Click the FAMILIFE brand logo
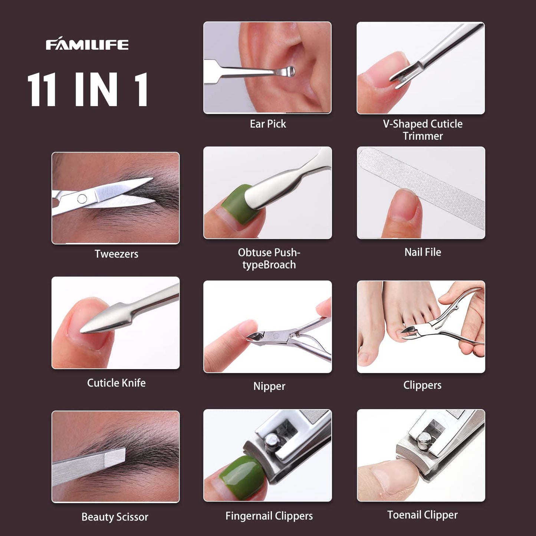coord(87,45)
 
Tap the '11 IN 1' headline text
coord(88,90)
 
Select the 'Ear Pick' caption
coord(268,124)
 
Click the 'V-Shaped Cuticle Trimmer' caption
coord(422,130)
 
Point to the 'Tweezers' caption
coord(116,254)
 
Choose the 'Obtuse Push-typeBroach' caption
coord(269,259)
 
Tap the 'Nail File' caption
coord(422,252)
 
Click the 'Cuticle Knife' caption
coord(116,383)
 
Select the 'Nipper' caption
coord(269,386)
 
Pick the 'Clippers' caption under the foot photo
coord(422,385)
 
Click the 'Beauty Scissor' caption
coord(115,517)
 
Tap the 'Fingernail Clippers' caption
coord(269,516)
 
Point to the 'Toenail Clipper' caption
coord(422,515)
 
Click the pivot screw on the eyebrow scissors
coord(82,199)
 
